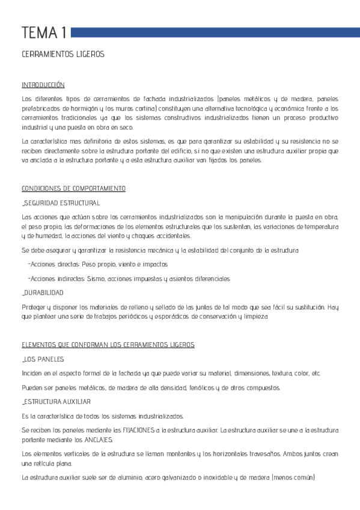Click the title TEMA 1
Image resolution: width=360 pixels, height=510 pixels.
coord(43,32)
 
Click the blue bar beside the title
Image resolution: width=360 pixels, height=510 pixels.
coord(213,32)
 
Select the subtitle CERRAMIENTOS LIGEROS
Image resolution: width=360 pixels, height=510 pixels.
coord(63,54)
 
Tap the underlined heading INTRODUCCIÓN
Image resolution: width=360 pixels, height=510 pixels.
coord(43,85)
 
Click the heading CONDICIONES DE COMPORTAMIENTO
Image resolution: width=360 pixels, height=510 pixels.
coord(73,189)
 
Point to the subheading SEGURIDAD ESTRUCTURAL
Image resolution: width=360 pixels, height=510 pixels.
coord(61,203)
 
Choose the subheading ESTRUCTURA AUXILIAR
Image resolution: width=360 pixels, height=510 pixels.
coord(56,401)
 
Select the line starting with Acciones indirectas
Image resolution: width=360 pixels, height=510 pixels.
coord(129,278)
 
